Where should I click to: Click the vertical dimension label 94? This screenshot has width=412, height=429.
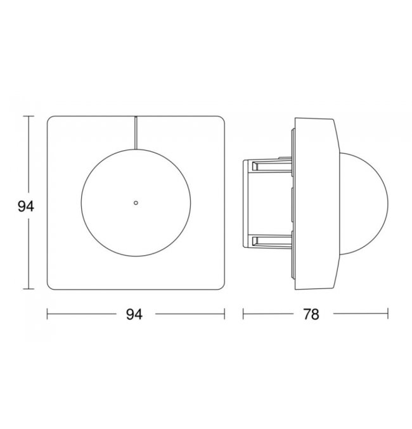click(26, 207)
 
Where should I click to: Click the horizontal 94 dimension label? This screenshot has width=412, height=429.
click(134, 314)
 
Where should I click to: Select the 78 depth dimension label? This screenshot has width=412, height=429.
click(311, 314)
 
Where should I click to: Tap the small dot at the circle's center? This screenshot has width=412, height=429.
click(136, 203)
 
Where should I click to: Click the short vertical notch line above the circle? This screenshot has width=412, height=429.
click(136, 132)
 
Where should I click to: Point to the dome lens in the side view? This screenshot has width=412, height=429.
click(364, 204)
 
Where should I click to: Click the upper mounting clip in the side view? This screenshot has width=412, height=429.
click(267, 165)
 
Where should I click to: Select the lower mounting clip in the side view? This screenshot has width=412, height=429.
click(267, 241)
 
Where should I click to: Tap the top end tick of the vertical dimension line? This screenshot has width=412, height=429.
click(29, 116)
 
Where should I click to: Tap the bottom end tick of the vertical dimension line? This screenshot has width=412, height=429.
click(29, 289)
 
